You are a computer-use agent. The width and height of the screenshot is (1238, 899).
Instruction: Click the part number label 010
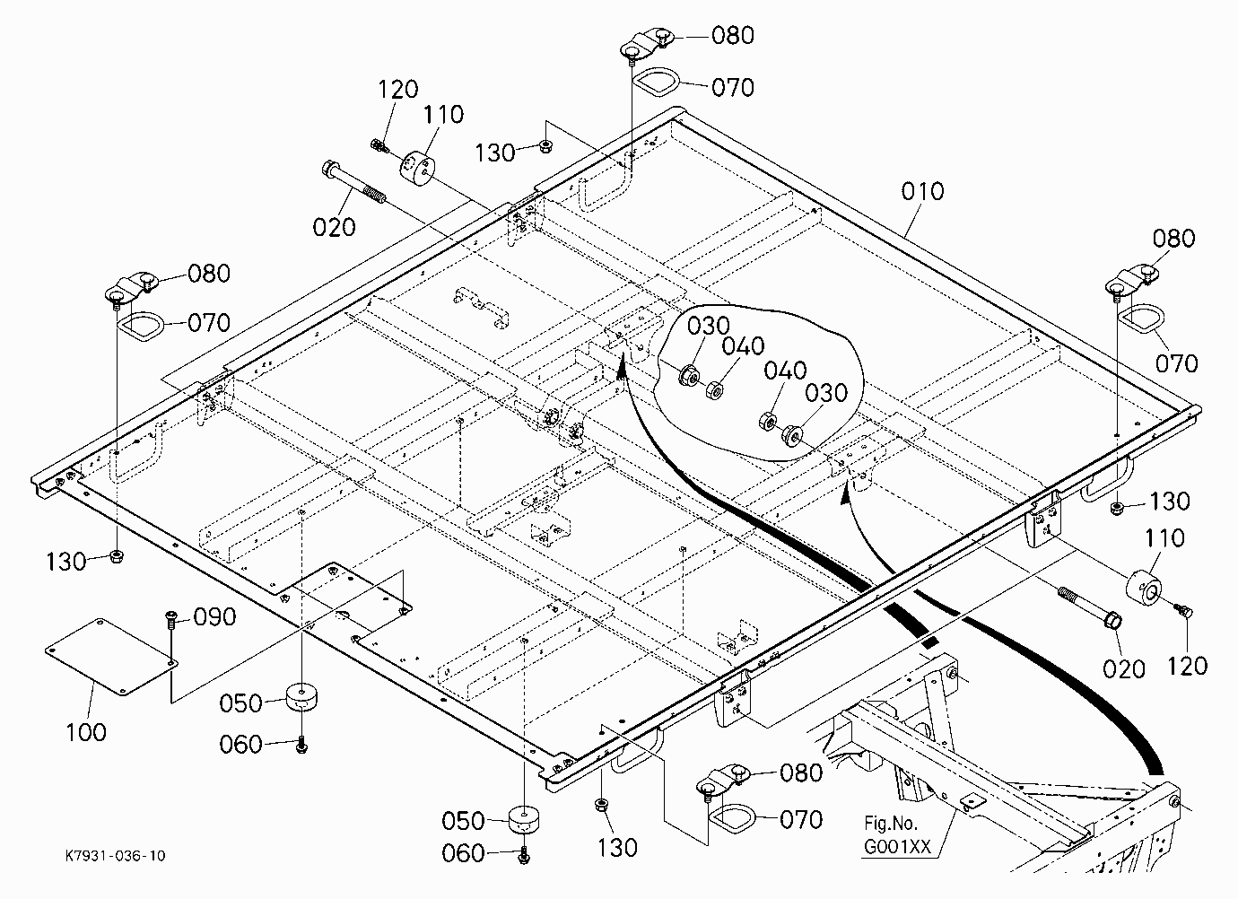click(922, 191)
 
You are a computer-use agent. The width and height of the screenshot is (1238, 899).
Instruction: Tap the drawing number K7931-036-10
click(116, 856)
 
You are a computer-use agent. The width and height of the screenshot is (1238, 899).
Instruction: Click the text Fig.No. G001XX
click(897, 835)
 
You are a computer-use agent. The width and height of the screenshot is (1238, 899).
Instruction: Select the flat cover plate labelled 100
click(111, 656)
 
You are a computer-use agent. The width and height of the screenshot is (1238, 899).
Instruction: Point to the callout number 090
click(214, 617)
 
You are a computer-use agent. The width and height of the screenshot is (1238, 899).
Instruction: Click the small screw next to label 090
click(171, 622)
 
